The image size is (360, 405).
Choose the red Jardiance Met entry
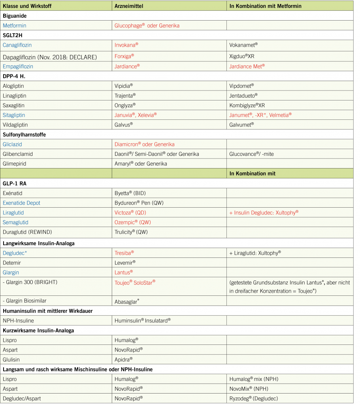click(247, 66)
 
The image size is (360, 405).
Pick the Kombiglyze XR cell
click(247, 105)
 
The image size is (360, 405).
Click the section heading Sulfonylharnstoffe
click(24, 134)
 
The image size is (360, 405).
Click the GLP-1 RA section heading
click(15, 184)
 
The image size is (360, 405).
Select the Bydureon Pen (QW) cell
click(139, 203)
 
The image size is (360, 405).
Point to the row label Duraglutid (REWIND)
click(27, 232)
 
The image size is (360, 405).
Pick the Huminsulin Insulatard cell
click(142, 320)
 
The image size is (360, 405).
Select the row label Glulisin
click(11, 359)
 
